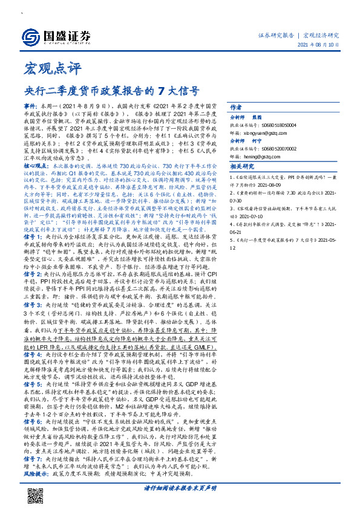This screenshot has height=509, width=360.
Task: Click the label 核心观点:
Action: pyautogui.click(x=36, y=165)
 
